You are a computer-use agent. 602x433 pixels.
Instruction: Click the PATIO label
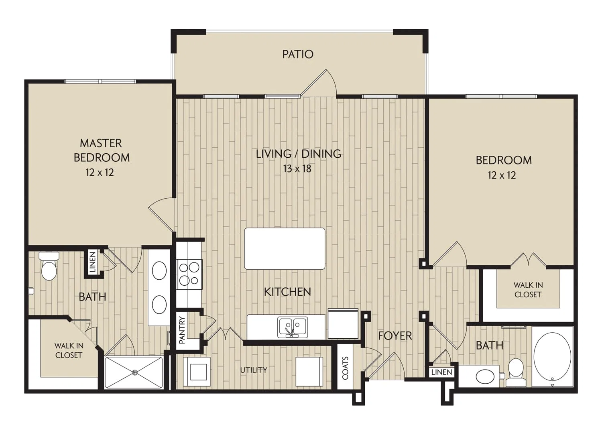[x=298, y=54]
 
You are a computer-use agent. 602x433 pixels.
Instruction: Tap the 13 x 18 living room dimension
[x=297, y=169]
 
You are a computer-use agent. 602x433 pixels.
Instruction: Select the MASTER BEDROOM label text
[x=102, y=150]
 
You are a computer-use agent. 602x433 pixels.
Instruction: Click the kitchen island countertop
[x=285, y=249]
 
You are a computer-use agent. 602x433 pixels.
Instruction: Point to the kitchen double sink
[x=293, y=327]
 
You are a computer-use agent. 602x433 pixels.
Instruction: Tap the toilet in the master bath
[x=49, y=266]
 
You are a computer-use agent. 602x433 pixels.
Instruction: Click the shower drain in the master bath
[x=134, y=372]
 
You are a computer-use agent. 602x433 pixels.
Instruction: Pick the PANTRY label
[x=182, y=330]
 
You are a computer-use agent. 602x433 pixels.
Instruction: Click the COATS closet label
[x=345, y=368]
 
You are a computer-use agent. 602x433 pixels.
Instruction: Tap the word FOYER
[x=395, y=336]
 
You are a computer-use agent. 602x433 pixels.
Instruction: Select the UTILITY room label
[x=254, y=370]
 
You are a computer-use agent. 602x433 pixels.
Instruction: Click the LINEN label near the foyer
[x=442, y=372]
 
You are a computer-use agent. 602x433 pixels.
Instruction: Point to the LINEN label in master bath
[x=92, y=262]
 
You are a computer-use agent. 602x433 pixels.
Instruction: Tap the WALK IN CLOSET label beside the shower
[x=69, y=350]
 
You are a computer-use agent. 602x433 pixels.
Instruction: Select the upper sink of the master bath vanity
[x=159, y=270]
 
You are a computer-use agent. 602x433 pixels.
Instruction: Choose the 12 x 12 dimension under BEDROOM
[x=502, y=175]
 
